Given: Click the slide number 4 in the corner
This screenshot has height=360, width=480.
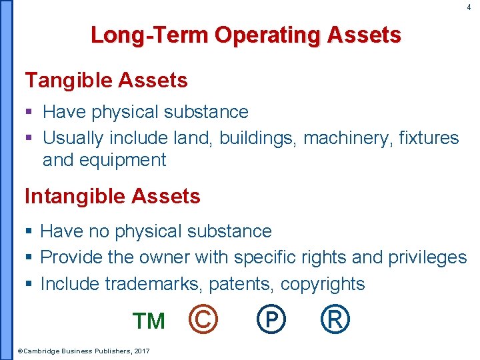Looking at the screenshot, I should click(x=468, y=7).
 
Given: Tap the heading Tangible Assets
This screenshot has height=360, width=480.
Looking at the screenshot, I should click(x=106, y=81).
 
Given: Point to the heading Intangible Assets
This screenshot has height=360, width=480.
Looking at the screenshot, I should click(x=112, y=196).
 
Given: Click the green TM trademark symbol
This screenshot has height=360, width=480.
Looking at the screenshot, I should click(x=149, y=321).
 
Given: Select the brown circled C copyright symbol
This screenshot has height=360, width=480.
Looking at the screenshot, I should click(x=203, y=320).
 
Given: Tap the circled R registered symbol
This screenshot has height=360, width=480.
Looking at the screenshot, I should click(x=334, y=320).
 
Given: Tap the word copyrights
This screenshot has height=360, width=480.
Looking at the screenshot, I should click(x=323, y=284).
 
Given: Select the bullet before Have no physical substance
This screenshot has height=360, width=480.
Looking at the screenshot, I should click(x=29, y=232).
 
